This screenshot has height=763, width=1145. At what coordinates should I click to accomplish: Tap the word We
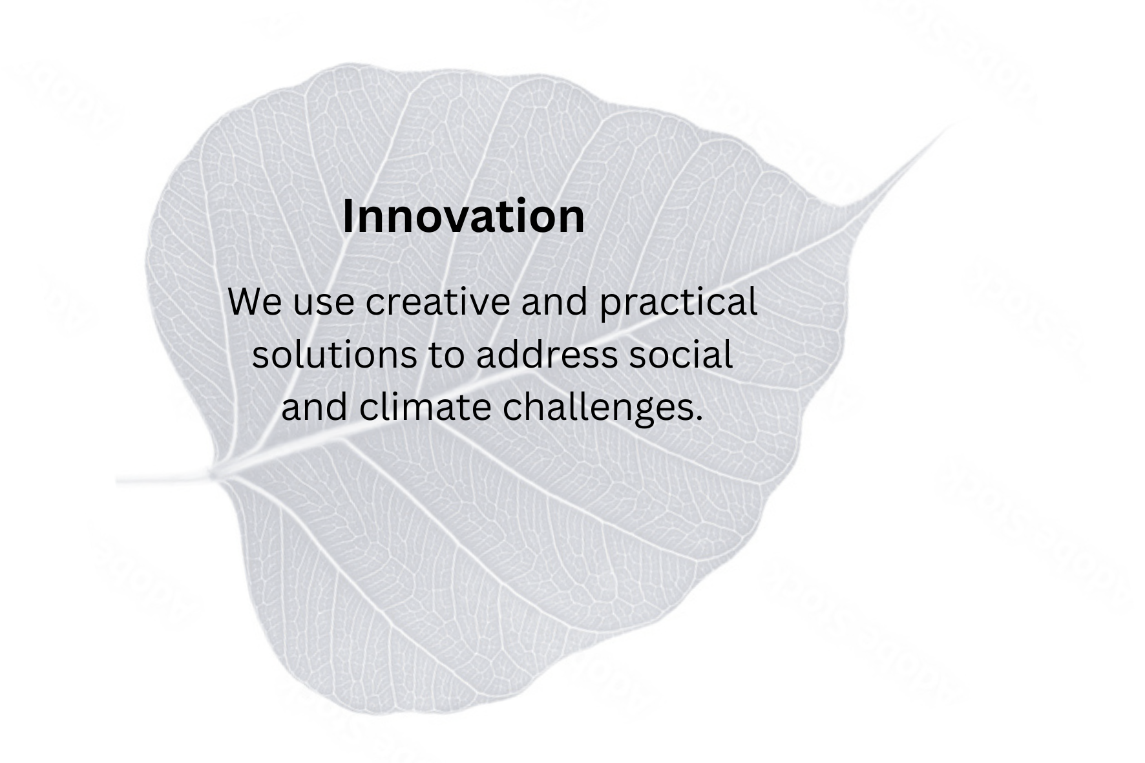(x=255, y=302)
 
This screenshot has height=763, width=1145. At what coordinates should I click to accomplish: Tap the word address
(x=547, y=355)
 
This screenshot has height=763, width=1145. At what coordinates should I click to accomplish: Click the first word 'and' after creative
(x=555, y=302)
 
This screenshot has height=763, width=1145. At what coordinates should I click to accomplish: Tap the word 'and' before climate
(x=314, y=408)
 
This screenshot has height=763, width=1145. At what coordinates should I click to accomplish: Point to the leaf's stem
(x=165, y=480)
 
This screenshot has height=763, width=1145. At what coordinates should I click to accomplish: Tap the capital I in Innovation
(x=347, y=216)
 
